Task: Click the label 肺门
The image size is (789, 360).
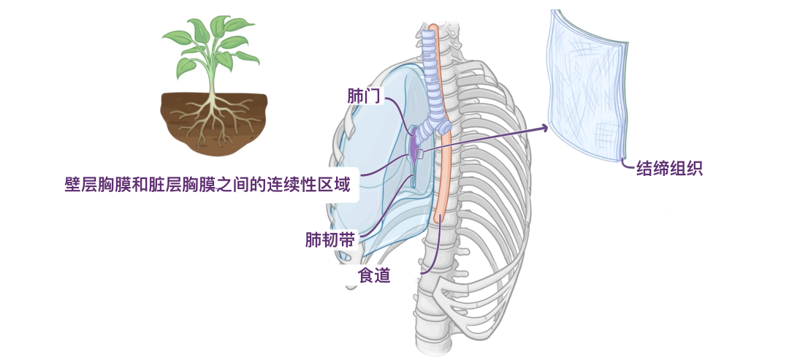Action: (363, 96)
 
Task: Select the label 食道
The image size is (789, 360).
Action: (373, 275)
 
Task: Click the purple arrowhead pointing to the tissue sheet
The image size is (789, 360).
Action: (544, 128)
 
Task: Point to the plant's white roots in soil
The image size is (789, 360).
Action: (212, 117)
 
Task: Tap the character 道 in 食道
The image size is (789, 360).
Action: (382, 275)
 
